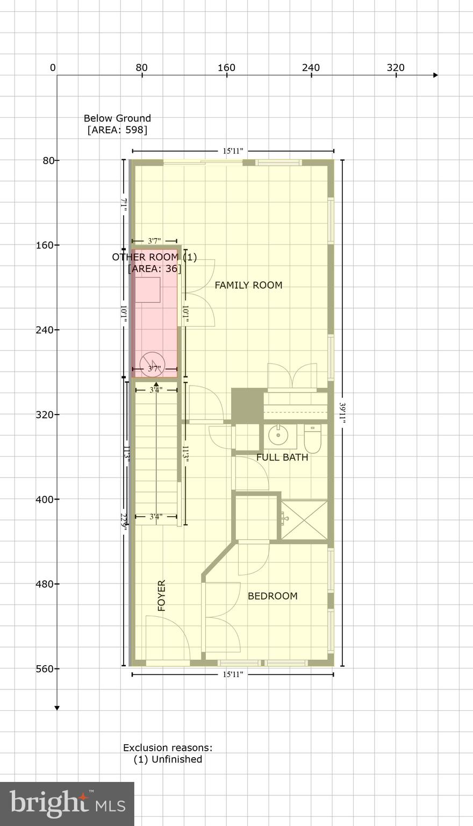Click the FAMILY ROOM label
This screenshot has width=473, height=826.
[248, 285]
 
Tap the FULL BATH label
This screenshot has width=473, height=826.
[282, 458]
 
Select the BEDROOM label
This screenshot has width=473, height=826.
[273, 596]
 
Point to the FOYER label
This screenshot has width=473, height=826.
[162, 595]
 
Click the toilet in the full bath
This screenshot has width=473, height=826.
[312, 439]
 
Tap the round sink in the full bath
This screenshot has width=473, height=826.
[279, 436]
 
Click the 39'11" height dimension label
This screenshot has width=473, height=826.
[342, 413]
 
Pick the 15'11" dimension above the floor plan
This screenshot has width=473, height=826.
[233, 151]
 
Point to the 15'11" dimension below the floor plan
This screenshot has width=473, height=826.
[233, 674]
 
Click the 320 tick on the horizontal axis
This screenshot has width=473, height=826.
[396, 68]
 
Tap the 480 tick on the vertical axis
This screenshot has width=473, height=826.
[47, 584]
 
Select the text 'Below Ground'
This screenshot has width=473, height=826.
[117, 118]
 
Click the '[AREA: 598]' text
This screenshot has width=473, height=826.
[117, 130]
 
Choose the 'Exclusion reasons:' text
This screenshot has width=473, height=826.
[168, 747]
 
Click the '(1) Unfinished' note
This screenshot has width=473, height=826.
[168, 759]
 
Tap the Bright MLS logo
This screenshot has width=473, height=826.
[67, 803]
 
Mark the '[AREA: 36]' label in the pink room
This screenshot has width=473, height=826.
[154, 268]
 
